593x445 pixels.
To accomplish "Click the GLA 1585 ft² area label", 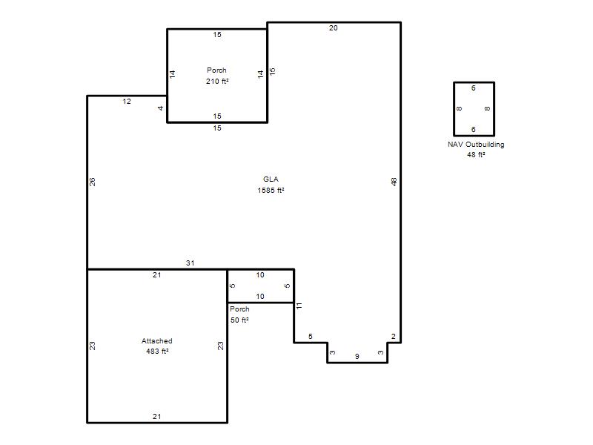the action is (x=271, y=185).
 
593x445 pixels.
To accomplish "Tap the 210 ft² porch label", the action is (x=217, y=82).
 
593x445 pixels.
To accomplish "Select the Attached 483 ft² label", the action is (x=157, y=346).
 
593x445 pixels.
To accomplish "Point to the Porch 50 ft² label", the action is (x=239, y=314).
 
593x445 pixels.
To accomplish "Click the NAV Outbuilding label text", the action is (x=476, y=145).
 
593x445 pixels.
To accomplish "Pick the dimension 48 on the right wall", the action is (x=394, y=182).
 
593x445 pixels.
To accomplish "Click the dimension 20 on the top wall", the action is (x=333, y=28).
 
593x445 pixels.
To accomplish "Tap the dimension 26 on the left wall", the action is (x=92, y=182).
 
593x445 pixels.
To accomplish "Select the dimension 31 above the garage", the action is (x=191, y=263).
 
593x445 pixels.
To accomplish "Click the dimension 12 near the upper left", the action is (x=127, y=102).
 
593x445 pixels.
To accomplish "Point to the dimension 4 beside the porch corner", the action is (x=160, y=108).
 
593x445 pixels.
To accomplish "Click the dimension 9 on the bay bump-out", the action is (x=357, y=357).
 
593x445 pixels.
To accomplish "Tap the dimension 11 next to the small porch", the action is (x=299, y=306).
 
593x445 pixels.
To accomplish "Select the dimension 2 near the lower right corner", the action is (x=394, y=337).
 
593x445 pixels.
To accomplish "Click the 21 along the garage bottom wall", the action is (x=157, y=417).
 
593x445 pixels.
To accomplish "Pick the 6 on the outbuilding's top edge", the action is (x=474, y=88).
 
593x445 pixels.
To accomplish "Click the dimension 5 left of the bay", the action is (x=311, y=337).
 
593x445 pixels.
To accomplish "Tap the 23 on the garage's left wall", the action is (x=92, y=346).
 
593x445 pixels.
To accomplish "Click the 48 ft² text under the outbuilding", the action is (x=476, y=155).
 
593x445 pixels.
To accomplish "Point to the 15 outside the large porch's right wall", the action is (x=272, y=71).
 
